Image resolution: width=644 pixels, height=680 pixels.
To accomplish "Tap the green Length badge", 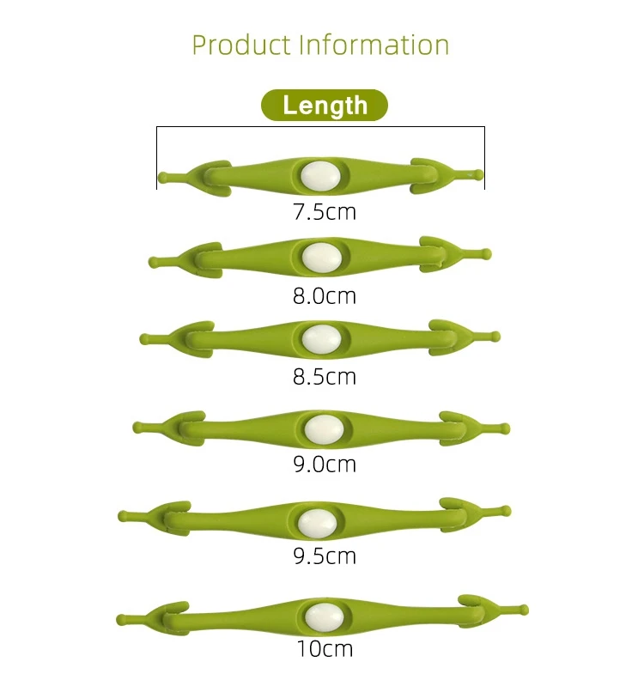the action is (325, 106).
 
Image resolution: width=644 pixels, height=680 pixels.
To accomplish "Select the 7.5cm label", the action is (325, 211).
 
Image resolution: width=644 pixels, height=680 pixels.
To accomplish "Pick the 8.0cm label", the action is (325, 296).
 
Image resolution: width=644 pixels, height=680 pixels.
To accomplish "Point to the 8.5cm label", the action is (325, 377).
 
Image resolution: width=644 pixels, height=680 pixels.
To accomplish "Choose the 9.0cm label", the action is (325, 464).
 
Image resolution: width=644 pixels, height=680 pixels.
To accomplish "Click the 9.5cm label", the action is (325, 556).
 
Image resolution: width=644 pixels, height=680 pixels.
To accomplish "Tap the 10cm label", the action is (325, 648).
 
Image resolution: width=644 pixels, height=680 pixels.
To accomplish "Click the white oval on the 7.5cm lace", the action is (319, 174).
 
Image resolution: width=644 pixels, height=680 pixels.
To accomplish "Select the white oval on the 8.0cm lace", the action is (319, 256).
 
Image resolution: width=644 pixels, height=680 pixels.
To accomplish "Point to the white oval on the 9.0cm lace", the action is (324, 428).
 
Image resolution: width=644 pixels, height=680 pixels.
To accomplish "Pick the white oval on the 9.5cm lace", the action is (317, 520).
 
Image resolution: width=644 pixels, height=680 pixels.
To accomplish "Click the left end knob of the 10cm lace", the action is (121, 617).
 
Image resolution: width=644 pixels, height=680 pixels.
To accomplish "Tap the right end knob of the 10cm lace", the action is (524, 610).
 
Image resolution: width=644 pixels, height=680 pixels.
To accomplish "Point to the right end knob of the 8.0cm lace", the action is (487, 254).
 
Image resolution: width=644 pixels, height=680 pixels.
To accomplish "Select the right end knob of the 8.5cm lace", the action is (495, 336).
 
